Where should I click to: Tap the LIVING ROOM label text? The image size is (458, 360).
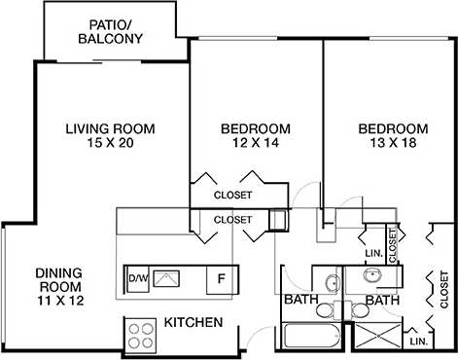[x=111, y=128]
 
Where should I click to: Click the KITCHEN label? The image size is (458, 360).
[x=194, y=322]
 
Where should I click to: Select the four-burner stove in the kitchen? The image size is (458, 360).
[x=141, y=335]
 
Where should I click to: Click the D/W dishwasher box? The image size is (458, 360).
[x=138, y=279]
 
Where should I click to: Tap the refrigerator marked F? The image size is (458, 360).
[x=221, y=279]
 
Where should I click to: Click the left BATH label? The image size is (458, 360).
[x=299, y=301]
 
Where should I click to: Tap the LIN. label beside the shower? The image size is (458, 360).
[x=419, y=342]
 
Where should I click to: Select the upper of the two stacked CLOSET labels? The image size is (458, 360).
[x=232, y=195]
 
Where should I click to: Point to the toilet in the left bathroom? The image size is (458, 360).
[x=335, y=310]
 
